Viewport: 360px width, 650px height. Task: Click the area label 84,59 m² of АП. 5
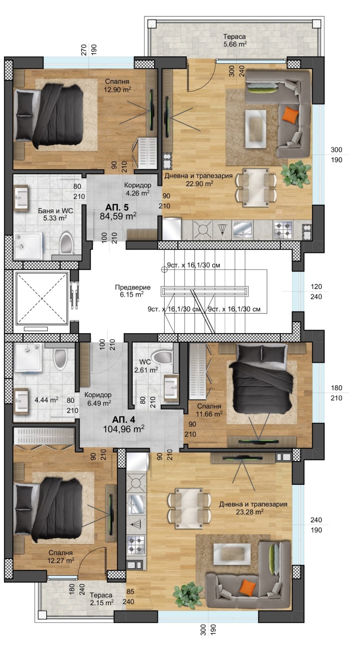click(118, 216)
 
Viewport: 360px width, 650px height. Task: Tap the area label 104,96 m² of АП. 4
click(124, 429)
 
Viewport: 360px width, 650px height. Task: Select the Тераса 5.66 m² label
click(235, 41)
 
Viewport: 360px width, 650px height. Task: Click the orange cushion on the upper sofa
click(291, 114)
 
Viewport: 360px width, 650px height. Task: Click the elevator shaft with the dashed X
click(41, 298)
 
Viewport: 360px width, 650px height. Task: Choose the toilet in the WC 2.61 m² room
click(161, 357)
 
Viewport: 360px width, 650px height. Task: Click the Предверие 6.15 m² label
click(133, 291)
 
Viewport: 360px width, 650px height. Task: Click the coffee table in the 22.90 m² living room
click(256, 129)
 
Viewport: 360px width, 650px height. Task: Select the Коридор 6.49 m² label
click(98, 399)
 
